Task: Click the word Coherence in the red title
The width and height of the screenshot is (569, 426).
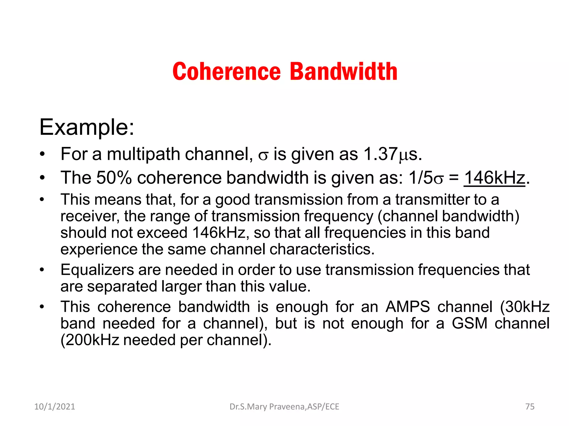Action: pyautogui.click(x=226, y=72)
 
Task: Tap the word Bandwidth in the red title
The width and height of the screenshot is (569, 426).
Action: pyautogui.click(x=344, y=72)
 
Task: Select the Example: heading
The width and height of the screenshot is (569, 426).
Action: pyautogui.click(x=87, y=127)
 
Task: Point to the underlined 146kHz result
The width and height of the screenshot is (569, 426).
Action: pyautogui.click(x=494, y=177)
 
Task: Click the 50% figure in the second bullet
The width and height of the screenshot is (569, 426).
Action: pyautogui.click(x=114, y=177)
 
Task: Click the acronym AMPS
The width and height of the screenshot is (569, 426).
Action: pyautogui.click(x=408, y=307)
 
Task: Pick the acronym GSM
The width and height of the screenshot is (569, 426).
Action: pyautogui.click(x=470, y=323)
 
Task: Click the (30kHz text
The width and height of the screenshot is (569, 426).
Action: pyautogui.click(x=525, y=307)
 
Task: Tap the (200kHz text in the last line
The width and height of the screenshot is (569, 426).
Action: pyautogui.click(x=90, y=340)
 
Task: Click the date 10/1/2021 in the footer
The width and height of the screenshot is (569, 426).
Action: pyautogui.click(x=54, y=407)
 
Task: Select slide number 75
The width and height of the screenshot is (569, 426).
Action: pyautogui.click(x=530, y=407)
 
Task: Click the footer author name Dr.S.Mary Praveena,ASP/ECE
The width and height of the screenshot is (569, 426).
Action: pyautogui.click(x=284, y=407)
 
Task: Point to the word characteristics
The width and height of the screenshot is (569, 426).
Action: pyautogui.click(x=322, y=249)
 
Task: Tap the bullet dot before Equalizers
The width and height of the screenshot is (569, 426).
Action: pyautogui.click(x=42, y=270)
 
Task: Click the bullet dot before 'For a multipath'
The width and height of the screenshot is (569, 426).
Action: pyautogui.click(x=42, y=154)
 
